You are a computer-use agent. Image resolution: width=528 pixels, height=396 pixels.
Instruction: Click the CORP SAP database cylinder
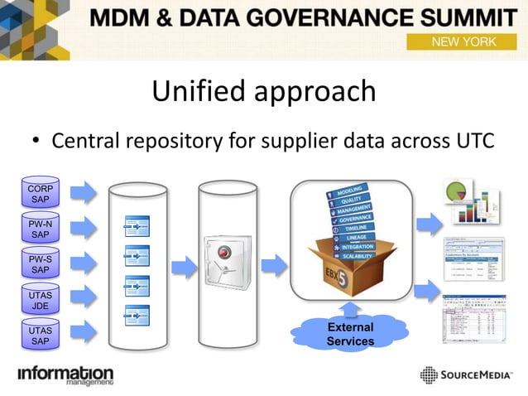coord(40,194)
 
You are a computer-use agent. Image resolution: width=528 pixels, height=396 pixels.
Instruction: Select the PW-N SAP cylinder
coord(40,229)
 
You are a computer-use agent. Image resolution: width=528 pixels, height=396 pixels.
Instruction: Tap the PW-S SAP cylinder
coord(40,264)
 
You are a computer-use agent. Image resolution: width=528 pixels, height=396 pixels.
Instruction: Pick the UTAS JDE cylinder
coord(40,300)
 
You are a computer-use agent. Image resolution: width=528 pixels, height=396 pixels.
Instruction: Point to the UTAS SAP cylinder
coord(40,335)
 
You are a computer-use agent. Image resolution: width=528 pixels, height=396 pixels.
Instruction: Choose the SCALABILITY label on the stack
coord(357,256)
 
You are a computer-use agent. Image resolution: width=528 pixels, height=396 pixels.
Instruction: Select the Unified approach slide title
coord(263,91)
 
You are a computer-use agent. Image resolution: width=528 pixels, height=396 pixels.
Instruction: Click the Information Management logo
coord(65,375)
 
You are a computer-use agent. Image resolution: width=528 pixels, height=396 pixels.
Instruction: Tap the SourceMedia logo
coord(468,375)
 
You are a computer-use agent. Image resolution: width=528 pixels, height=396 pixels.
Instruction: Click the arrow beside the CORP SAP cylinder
coord(84,194)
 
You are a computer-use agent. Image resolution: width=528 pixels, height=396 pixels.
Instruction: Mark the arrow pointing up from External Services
coord(350,310)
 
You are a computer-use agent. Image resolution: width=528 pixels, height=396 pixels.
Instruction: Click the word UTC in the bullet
coord(473,141)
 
